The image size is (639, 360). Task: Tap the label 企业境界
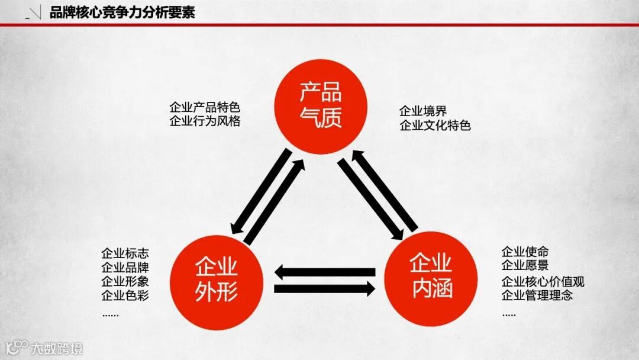pos(423,111)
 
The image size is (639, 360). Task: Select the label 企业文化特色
pos(435,125)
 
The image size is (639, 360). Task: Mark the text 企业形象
pos(124,281)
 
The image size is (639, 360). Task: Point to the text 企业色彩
pos(124,295)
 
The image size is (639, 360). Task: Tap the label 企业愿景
pos(525,265)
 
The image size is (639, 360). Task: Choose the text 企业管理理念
pos(537,295)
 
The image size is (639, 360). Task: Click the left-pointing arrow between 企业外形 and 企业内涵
pos(324,272)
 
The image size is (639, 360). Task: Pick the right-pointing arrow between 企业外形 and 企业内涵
pos(324,290)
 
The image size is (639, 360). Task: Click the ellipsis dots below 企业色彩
pos(110,315)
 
